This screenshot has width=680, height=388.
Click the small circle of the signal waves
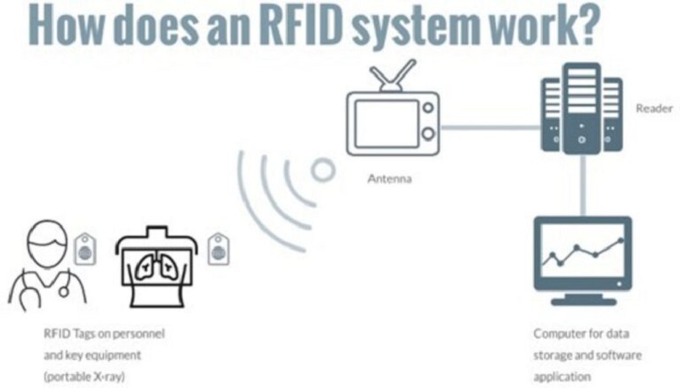[322, 171]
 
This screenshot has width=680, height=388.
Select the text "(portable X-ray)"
[80, 374]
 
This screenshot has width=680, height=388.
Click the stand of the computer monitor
[581, 298]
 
